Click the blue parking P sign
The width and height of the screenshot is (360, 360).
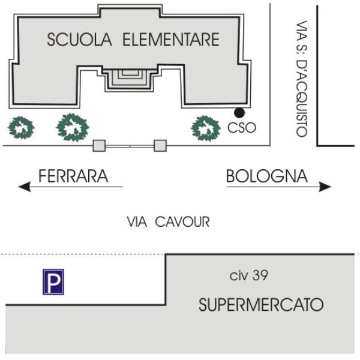(x=53, y=282)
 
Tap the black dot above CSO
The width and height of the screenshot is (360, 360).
(x=239, y=113)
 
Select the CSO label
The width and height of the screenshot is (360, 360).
(x=242, y=128)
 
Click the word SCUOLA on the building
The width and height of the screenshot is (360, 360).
(x=79, y=40)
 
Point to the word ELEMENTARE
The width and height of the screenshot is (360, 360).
(x=171, y=40)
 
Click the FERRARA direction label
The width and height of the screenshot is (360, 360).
(x=73, y=176)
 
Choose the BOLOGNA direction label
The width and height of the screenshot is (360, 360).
(x=267, y=176)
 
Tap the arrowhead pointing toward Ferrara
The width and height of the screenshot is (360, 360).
(x=25, y=187)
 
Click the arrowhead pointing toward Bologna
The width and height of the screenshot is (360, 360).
(x=325, y=187)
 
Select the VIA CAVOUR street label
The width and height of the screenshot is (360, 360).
(x=168, y=222)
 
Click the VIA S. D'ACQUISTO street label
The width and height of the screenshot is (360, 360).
(x=302, y=79)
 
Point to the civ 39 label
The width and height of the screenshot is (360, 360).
(x=248, y=275)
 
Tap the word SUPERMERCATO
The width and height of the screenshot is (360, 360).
(x=261, y=305)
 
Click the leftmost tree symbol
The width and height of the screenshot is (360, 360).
(x=21, y=128)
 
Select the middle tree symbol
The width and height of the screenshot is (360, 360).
(x=73, y=127)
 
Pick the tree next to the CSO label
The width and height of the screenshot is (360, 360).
(x=206, y=128)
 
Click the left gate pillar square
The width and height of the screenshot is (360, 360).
(x=99, y=146)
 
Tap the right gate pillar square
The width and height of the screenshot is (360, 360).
(x=160, y=146)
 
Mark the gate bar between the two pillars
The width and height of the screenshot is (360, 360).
(x=130, y=146)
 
